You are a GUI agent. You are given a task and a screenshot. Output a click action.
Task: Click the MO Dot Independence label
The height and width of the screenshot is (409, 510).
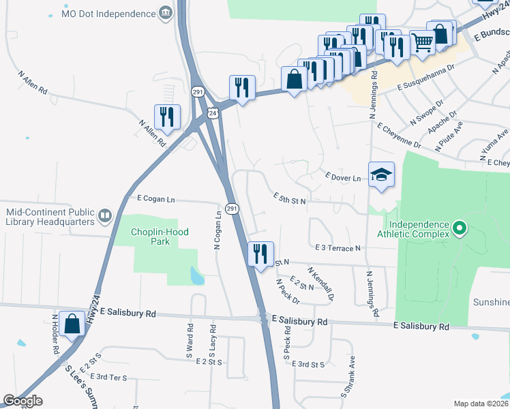pyautogui.click(x=108, y=13)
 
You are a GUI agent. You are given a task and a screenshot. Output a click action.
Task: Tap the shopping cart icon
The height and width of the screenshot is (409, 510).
pyautogui.click(x=423, y=42)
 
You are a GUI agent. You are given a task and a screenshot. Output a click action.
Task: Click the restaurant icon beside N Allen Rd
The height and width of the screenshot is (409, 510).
pyautogui.click(x=167, y=117)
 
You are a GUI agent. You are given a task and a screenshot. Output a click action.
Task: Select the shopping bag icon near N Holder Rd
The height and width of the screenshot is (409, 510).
pyautogui.click(x=72, y=324)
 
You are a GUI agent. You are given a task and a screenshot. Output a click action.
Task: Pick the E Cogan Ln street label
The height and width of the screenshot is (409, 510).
pyautogui.click(x=155, y=199)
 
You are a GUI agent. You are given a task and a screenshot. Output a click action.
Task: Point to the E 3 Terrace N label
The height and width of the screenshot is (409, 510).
pyautogui.click(x=337, y=247)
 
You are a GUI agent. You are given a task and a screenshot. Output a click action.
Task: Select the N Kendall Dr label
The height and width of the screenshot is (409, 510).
pyautogui.click(x=320, y=284)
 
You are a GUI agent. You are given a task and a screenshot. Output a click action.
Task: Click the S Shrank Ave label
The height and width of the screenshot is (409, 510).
pyautogui.click(x=348, y=376)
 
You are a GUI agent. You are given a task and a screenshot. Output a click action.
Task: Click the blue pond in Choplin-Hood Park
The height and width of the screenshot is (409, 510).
pyautogui.click(x=197, y=275)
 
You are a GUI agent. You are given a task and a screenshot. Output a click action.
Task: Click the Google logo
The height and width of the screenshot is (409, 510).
pyautogui.click(x=23, y=402)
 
